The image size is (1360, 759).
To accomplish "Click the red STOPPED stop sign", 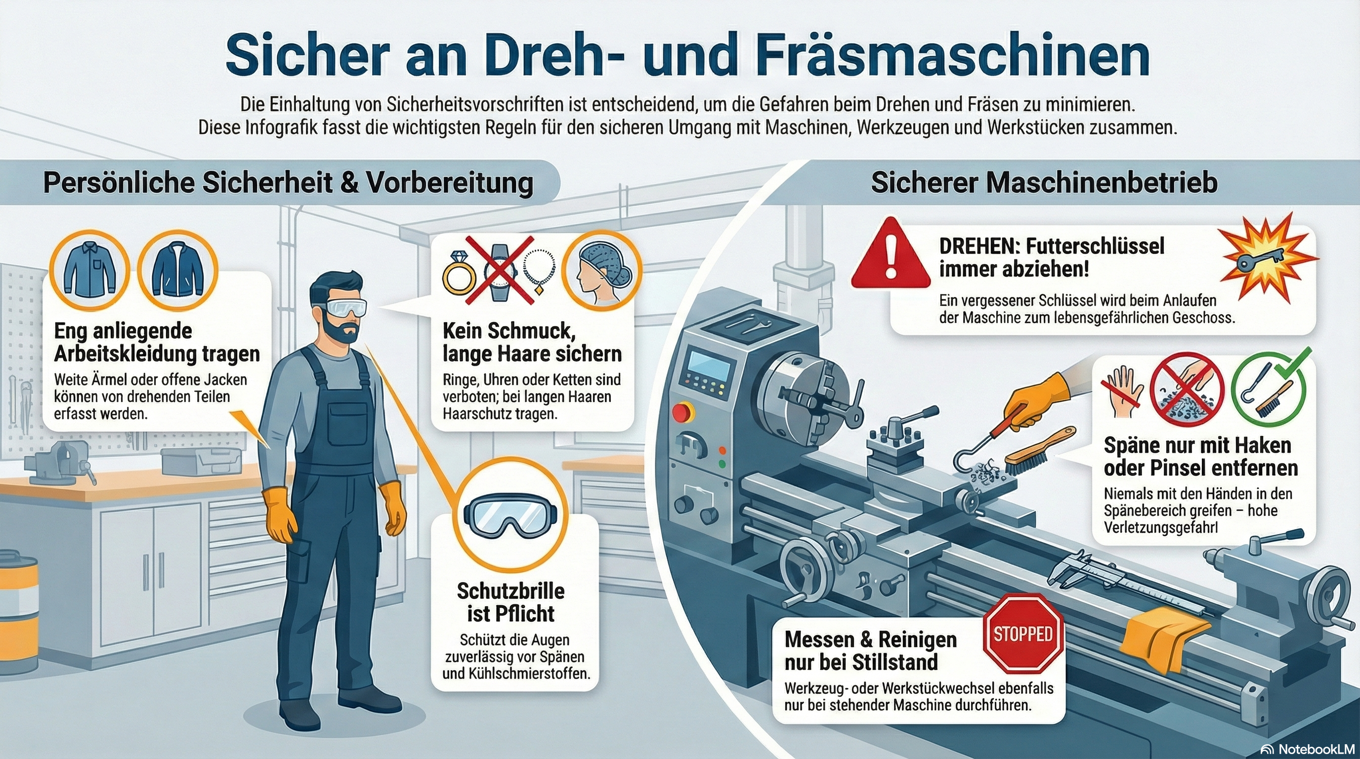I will [x=1023, y=633].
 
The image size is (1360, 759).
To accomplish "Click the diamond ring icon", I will [x=456, y=276].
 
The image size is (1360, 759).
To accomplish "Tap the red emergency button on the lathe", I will [x=681, y=413].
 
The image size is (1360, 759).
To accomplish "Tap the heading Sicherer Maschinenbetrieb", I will [x=1044, y=183].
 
